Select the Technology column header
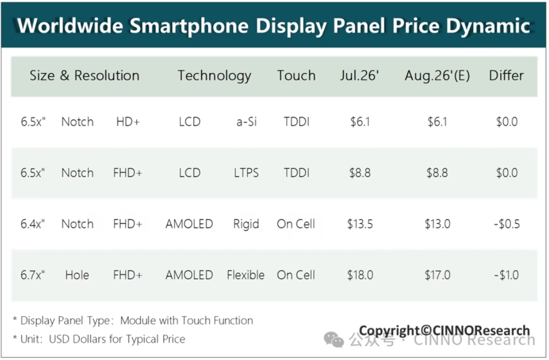pyautogui.click(x=214, y=76)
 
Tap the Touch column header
pyautogui.click(x=296, y=76)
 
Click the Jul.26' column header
pyautogui.click(x=359, y=76)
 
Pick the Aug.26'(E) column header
pyautogui.click(x=437, y=76)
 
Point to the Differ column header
pyautogui.click(x=506, y=75)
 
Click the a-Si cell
pyautogui.click(x=247, y=122)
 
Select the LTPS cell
pyautogui.click(x=246, y=173)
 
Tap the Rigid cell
pyautogui.click(x=246, y=224)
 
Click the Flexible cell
pyautogui.click(x=246, y=275)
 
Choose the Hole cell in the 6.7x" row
pyautogui.click(x=77, y=275)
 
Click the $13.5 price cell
pyautogui.click(x=360, y=224)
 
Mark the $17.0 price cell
pyautogui.click(x=437, y=275)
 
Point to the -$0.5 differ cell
pyautogui.click(x=507, y=224)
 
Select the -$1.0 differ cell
pyautogui.click(x=507, y=275)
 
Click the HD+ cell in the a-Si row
pyautogui.click(x=128, y=122)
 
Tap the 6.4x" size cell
pyautogui.click(x=32, y=224)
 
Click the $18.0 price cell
pyautogui.click(x=360, y=275)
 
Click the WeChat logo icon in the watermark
pyautogui.click(x=334, y=339)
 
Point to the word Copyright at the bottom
pyautogui.click(x=389, y=331)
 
